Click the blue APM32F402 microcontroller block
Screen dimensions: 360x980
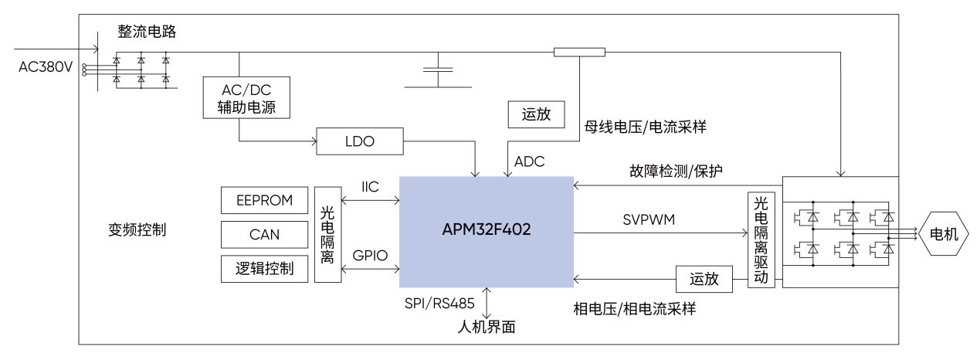pyautogui.click(x=487, y=231)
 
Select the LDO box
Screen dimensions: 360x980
pyautogui.click(x=361, y=141)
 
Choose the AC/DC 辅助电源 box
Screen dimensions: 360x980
pyautogui.click(x=246, y=97)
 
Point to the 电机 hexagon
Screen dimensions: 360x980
pyautogui.click(x=943, y=234)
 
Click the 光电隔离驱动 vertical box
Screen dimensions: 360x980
pyautogui.click(x=761, y=239)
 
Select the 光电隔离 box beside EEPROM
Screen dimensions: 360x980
pyautogui.click(x=327, y=234)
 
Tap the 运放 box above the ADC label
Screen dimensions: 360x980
pyautogui.click(x=537, y=114)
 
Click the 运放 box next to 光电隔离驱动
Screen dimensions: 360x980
pyautogui.click(x=704, y=279)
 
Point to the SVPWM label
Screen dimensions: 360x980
pyautogui.click(x=649, y=220)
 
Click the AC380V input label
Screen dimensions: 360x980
pyautogui.click(x=46, y=67)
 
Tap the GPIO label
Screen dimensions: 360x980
pyautogui.click(x=370, y=255)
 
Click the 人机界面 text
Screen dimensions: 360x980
pyautogui.click(x=486, y=327)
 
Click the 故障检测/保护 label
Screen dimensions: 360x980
pyautogui.click(x=676, y=171)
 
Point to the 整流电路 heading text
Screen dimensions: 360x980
pyautogui.click(x=147, y=32)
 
